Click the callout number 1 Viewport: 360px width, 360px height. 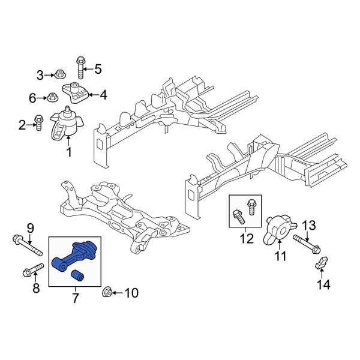[x=68, y=152]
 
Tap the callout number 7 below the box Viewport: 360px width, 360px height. [x=75, y=298]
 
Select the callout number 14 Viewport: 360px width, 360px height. [x=324, y=285]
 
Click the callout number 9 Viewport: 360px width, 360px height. [x=31, y=227]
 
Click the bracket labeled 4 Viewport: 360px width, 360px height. [x=77, y=92]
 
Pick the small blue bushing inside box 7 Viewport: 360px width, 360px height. [x=77, y=275]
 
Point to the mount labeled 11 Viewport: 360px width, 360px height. [x=278, y=227]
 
